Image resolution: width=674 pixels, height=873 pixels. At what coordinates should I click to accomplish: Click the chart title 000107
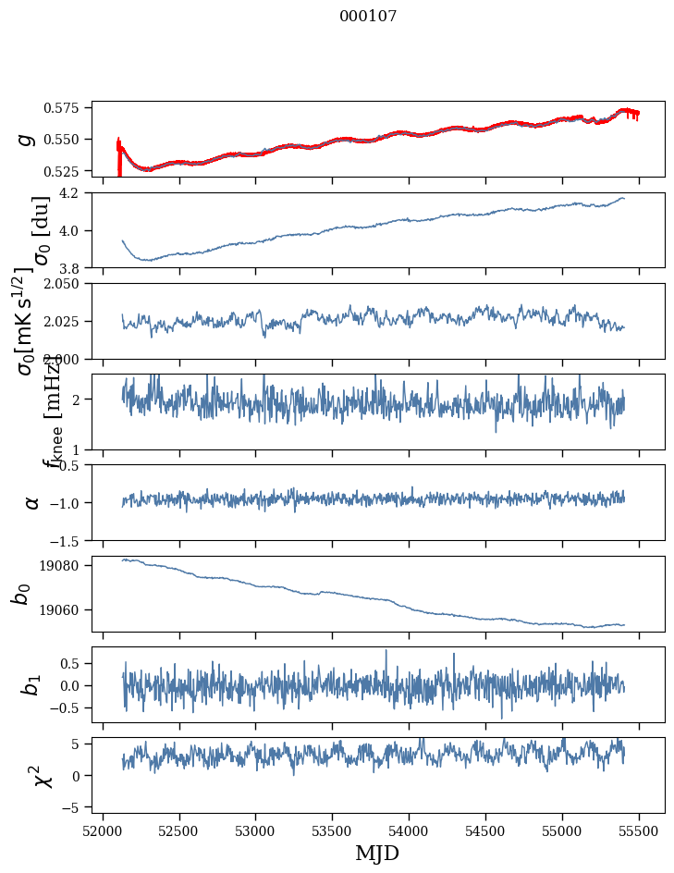[x=368, y=17]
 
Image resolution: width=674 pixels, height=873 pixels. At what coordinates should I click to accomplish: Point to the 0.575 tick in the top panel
[x=68, y=108]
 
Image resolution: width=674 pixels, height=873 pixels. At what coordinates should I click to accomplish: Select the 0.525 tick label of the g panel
[x=68, y=171]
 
